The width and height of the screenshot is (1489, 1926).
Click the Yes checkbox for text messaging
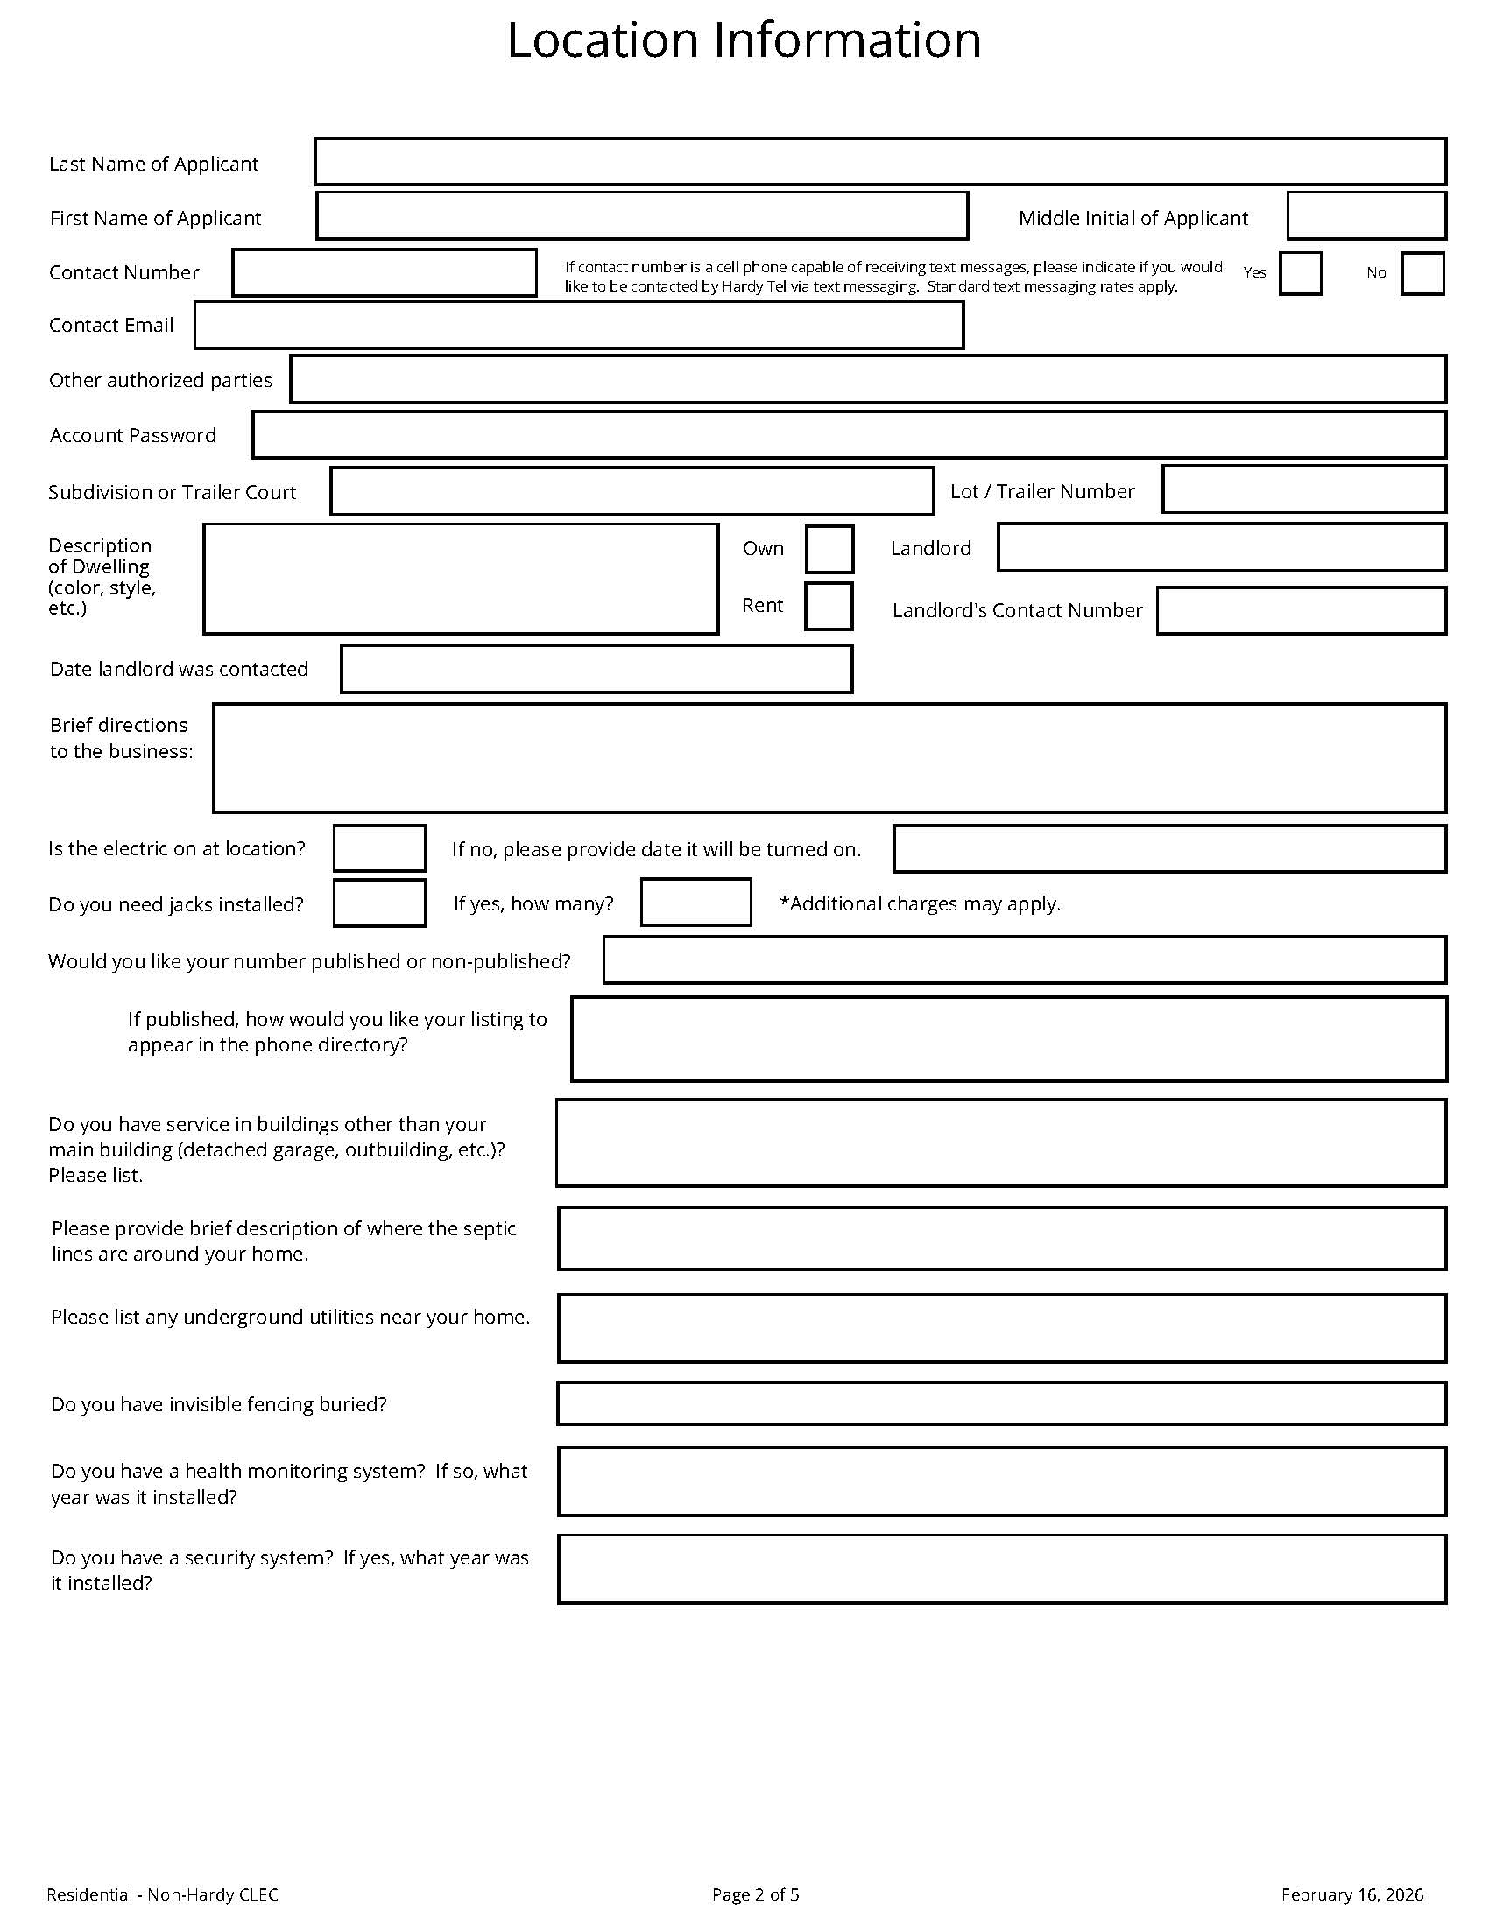[x=1300, y=273]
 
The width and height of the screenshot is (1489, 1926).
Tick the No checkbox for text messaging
[x=1422, y=273]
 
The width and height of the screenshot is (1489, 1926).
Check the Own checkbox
[x=829, y=550]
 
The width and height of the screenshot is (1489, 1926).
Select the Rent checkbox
[x=829, y=606]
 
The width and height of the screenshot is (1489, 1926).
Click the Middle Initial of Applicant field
[x=1366, y=216]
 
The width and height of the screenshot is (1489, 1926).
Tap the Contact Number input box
[x=385, y=272]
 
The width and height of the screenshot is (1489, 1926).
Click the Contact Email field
[x=579, y=326]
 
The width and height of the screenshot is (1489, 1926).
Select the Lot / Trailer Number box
[x=1304, y=489]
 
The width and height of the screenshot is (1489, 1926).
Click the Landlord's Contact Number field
[x=1301, y=610]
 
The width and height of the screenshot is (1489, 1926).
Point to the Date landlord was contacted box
[x=596, y=670]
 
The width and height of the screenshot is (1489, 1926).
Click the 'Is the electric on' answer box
[x=380, y=848]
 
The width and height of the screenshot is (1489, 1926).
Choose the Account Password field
[x=849, y=435]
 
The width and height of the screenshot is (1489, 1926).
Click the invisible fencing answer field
[x=1001, y=1403]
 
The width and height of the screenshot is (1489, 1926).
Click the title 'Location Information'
[x=744, y=40]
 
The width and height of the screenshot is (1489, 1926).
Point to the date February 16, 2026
[x=1352, y=1894]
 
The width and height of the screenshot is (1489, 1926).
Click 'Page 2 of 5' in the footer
[x=755, y=1894]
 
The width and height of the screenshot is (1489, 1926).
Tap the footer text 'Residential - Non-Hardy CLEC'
[x=162, y=1894]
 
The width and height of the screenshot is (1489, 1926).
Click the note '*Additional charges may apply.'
[x=920, y=904]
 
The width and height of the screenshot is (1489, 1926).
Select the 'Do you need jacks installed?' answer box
[x=380, y=903]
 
